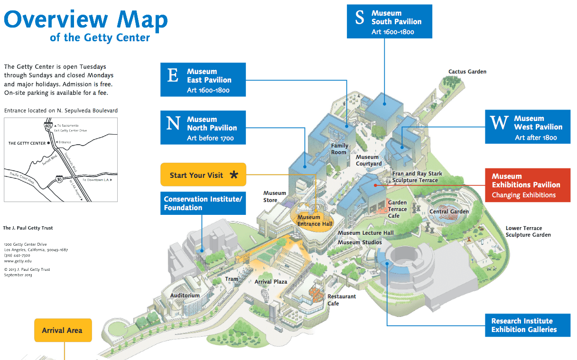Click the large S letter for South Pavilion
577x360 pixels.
click(x=360, y=18)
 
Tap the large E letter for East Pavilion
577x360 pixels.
click(x=173, y=76)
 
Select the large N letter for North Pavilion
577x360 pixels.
click(x=173, y=124)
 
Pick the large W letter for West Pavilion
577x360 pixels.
click(x=499, y=123)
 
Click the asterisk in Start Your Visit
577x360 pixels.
click(x=234, y=175)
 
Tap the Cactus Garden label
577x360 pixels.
click(x=467, y=72)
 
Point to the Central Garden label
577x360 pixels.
click(x=449, y=212)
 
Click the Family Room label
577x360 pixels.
click(x=339, y=149)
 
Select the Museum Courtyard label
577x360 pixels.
click(x=368, y=160)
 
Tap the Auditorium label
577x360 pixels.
click(x=185, y=295)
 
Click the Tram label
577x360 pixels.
click(x=232, y=279)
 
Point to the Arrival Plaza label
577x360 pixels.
click(x=271, y=282)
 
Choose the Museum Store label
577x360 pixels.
click(x=275, y=196)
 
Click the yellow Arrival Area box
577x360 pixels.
click(x=63, y=330)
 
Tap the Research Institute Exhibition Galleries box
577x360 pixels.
click(x=527, y=325)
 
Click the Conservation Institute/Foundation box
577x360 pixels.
click(x=203, y=203)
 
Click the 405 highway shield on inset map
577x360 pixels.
click(x=48, y=126)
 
